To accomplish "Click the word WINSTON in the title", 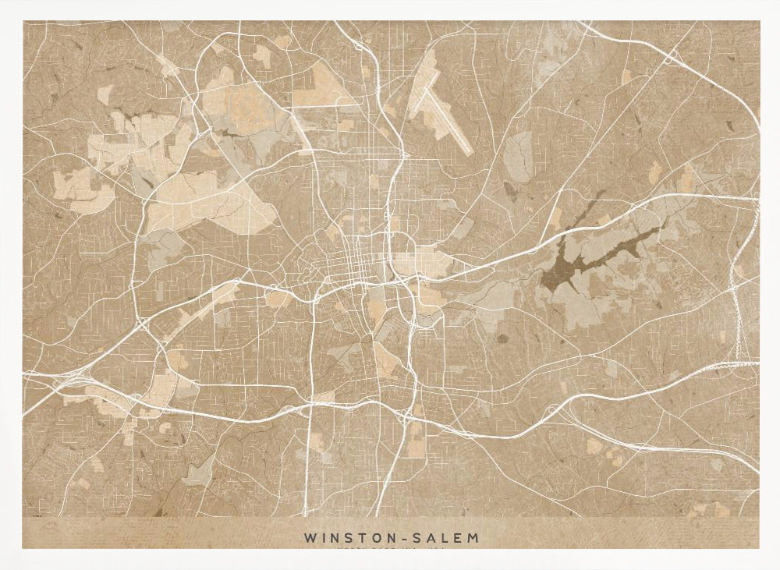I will pos(344,538).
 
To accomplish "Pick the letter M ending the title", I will pos(474,538).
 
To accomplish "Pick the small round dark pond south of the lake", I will pos(501,338).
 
